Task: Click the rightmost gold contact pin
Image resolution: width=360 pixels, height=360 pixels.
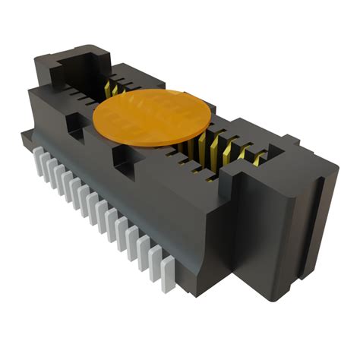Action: coord(260,158)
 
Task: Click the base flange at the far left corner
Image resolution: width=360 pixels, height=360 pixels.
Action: coord(27,141)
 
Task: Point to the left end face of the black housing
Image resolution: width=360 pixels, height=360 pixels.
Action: coord(38,114)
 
